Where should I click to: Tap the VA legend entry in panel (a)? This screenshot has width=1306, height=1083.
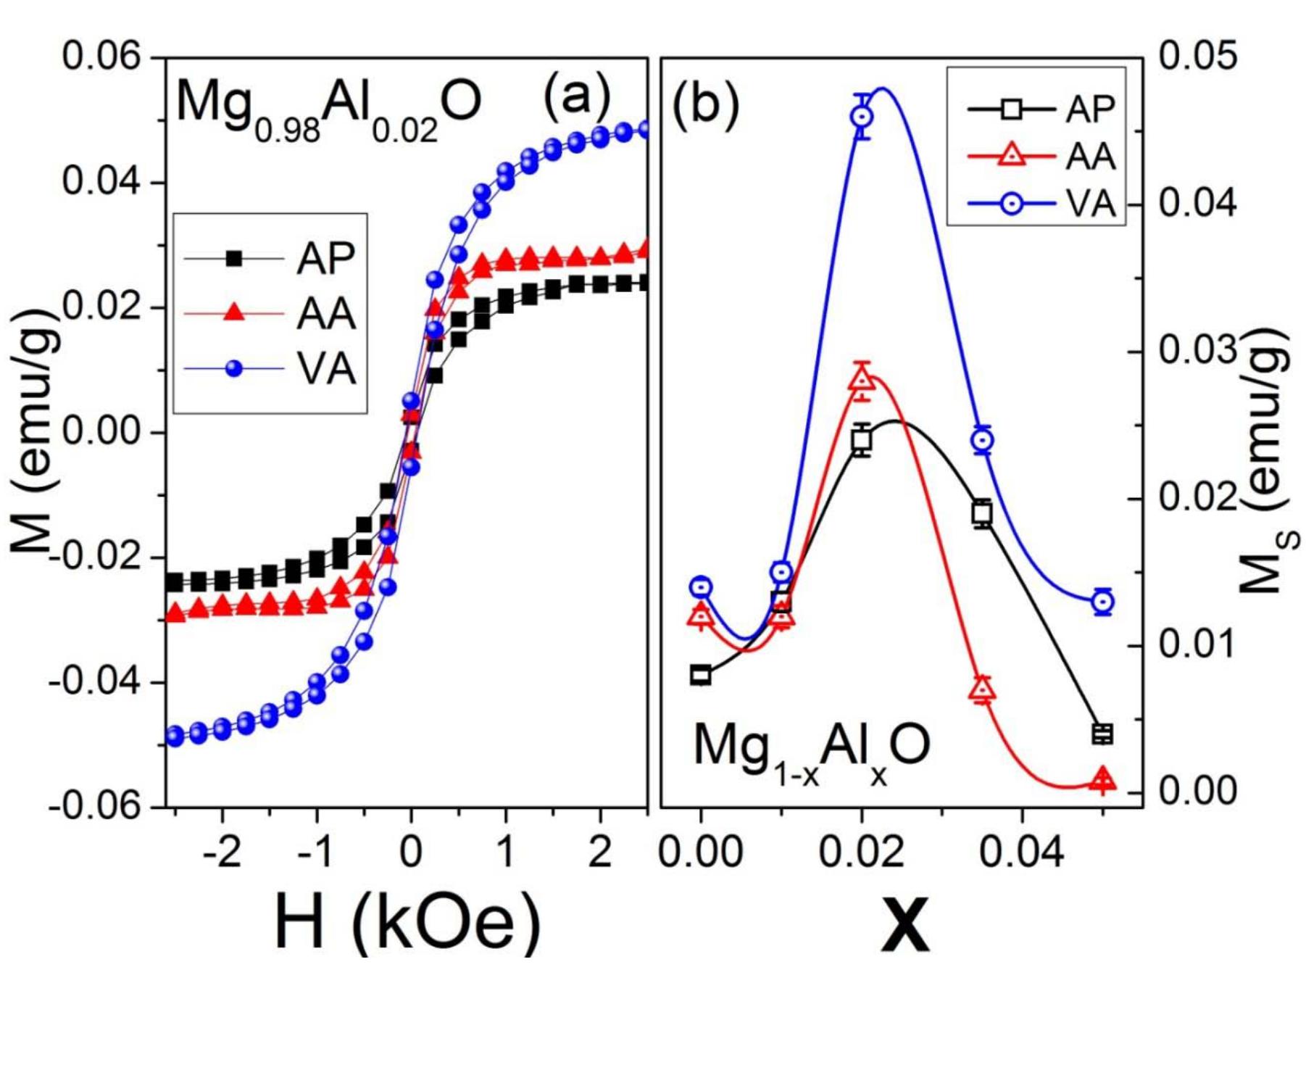click(326, 369)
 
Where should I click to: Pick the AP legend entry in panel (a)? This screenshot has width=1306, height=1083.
click(326, 257)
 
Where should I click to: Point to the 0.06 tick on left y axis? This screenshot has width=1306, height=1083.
click(101, 57)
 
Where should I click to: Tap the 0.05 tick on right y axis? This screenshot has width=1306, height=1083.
click(1198, 57)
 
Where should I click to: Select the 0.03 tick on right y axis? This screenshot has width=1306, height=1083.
click(1198, 351)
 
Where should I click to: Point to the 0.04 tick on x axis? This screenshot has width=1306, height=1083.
click(1021, 852)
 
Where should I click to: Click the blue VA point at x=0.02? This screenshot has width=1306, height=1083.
click(862, 117)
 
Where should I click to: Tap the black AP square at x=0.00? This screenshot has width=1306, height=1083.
click(700, 675)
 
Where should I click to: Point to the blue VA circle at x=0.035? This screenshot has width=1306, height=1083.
click(983, 440)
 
